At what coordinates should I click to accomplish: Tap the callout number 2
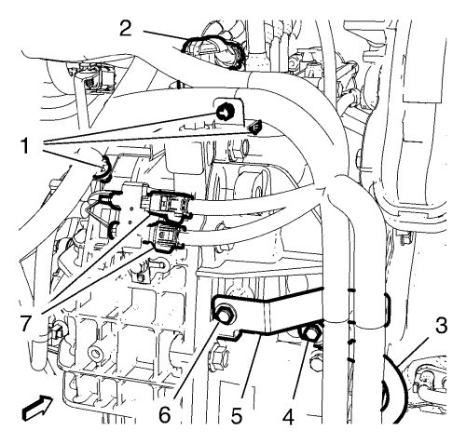(x=126, y=29)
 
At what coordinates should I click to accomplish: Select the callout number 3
(x=441, y=327)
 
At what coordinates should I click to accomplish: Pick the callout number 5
(x=237, y=415)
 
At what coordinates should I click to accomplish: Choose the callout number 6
(x=165, y=415)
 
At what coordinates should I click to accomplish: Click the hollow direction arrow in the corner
(x=36, y=408)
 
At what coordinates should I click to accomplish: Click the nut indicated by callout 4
(x=309, y=333)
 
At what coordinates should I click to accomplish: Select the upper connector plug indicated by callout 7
(x=167, y=204)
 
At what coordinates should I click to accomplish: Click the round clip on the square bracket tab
(x=225, y=113)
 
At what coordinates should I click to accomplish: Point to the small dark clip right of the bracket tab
(x=255, y=128)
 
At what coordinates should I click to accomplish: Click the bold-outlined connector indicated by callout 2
(x=214, y=51)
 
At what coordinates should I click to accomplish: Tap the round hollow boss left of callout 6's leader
(x=96, y=354)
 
